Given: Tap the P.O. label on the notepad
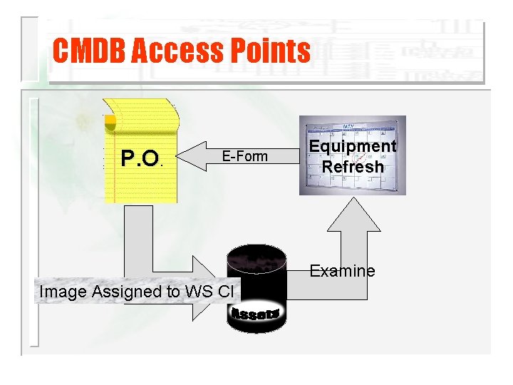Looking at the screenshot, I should [x=141, y=157].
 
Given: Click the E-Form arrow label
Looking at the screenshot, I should [x=244, y=156].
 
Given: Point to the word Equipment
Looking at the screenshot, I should [x=352, y=146].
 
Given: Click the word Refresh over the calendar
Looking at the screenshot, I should [x=353, y=167].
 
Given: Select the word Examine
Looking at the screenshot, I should [x=342, y=271].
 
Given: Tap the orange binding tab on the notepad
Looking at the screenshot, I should [x=110, y=123].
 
